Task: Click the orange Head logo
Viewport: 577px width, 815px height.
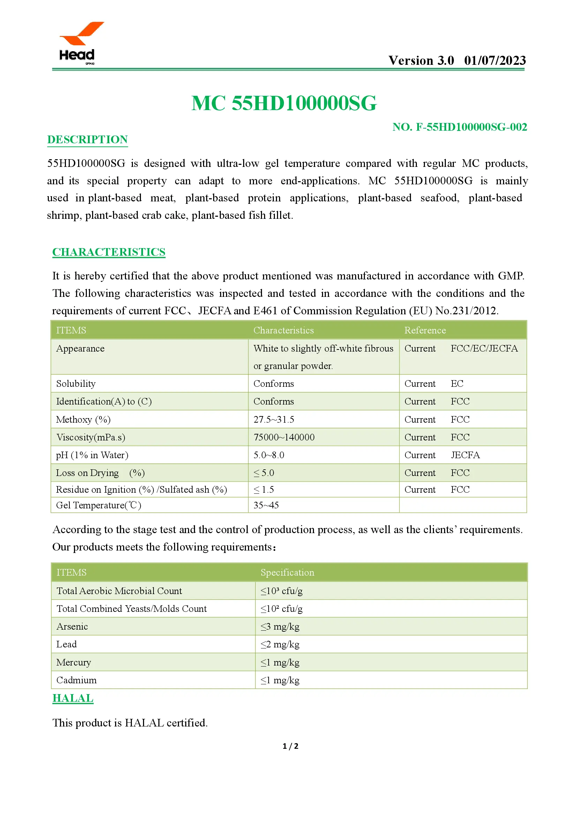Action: pos(80,42)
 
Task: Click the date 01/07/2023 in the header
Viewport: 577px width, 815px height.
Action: pos(495,61)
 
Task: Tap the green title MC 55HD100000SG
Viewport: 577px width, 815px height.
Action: pos(284,103)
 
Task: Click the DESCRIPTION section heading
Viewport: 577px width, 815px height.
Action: pos(88,139)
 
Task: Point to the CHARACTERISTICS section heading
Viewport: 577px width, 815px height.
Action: pos(109,252)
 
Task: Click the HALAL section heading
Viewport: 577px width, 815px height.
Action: pos(73,698)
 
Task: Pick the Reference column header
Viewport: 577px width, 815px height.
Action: pos(425,330)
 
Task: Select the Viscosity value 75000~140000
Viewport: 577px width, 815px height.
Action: pos(284,437)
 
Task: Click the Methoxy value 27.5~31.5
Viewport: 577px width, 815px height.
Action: pos(273,420)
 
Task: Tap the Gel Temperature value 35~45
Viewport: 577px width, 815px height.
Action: pos(266,505)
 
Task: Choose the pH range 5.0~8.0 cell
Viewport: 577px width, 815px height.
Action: pos(269,455)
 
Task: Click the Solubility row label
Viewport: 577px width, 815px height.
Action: pos(76,384)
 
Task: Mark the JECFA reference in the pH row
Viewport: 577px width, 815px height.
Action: pos(465,455)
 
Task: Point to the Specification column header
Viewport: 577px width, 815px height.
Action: pos(287,572)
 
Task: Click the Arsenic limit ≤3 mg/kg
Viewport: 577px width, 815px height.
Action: pos(280,626)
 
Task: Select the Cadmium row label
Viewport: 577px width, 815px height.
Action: pos(76,680)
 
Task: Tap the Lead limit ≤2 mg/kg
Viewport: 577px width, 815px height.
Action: pos(280,644)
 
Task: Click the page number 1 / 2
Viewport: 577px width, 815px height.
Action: pos(290,746)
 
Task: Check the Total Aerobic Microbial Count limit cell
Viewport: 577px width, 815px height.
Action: pos(282,591)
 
